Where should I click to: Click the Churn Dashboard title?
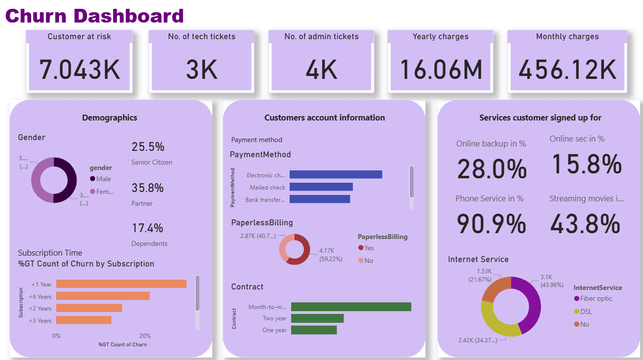(94, 16)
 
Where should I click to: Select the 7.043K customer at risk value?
(79, 70)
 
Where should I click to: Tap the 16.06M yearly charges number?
(441, 70)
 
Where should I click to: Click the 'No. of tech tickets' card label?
(201, 37)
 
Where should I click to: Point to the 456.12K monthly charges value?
(567, 70)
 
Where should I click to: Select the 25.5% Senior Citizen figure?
(148, 147)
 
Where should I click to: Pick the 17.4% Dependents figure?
(148, 228)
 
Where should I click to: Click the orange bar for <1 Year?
(121, 284)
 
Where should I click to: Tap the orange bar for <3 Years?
(84, 320)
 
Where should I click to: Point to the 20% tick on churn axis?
(145, 336)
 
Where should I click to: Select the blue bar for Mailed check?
(321, 187)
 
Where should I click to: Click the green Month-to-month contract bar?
(351, 307)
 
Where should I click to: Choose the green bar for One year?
(314, 330)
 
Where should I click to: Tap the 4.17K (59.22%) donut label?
(330, 255)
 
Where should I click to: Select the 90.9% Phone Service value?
(491, 224)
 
